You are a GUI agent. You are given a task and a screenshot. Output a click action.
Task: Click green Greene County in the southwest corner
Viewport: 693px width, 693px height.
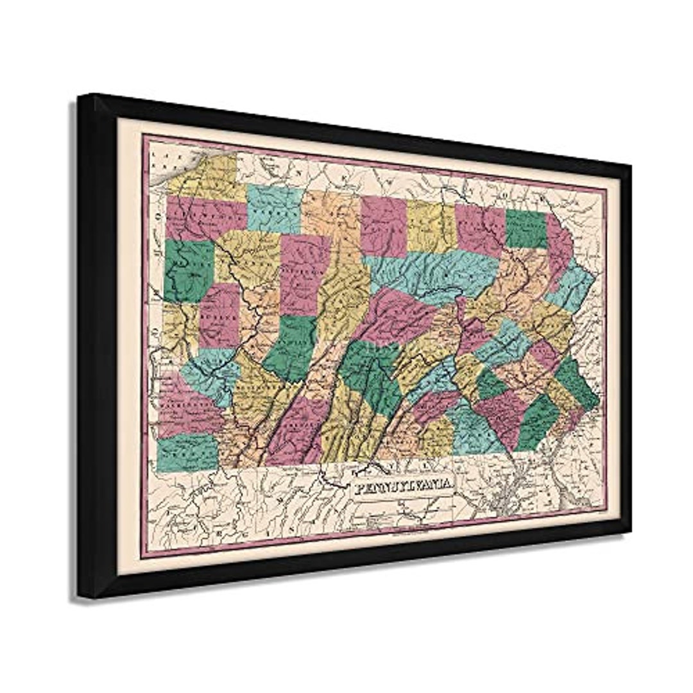187,452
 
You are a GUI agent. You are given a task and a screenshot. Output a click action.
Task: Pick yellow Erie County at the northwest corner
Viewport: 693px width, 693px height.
204,176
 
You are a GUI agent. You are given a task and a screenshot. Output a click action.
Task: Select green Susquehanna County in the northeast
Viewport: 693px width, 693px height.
526,228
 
